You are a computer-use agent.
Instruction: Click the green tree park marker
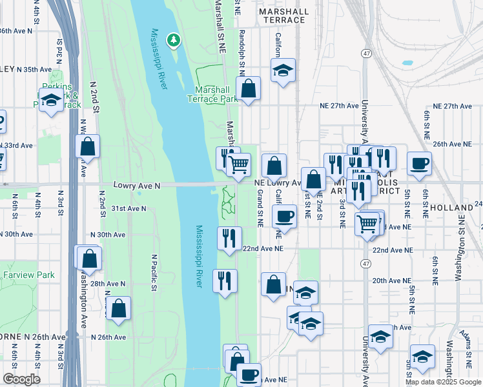(173, 41)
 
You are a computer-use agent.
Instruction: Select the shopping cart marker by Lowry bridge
(239, 165)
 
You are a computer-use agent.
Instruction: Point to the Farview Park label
(28, 275)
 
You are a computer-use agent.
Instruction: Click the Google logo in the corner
(21, 379)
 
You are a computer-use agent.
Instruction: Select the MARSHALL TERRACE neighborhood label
(282, 15)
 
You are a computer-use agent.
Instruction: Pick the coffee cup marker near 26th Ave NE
(418, 163)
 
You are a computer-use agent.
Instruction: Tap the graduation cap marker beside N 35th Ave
(50, 101)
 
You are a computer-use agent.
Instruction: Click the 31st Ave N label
(128, 208)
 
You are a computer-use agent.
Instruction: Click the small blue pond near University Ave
(407, 64)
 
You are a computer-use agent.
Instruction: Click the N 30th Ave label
(108, 235)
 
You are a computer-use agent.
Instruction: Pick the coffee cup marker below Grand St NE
(284, 217)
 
